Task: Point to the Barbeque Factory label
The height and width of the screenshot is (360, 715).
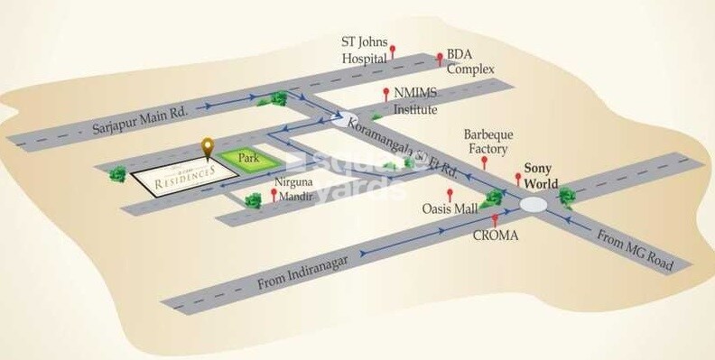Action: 486,142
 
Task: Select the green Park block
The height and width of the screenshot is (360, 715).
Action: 248,159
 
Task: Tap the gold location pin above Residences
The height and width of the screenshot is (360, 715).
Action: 208,146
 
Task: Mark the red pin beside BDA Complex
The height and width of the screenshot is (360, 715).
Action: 440,59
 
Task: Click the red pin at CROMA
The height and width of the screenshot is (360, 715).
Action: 495,220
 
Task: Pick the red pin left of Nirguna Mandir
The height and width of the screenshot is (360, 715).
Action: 274,193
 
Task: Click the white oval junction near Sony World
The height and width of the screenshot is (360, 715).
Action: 533,206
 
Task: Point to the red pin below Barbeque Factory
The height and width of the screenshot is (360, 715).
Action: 485,163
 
